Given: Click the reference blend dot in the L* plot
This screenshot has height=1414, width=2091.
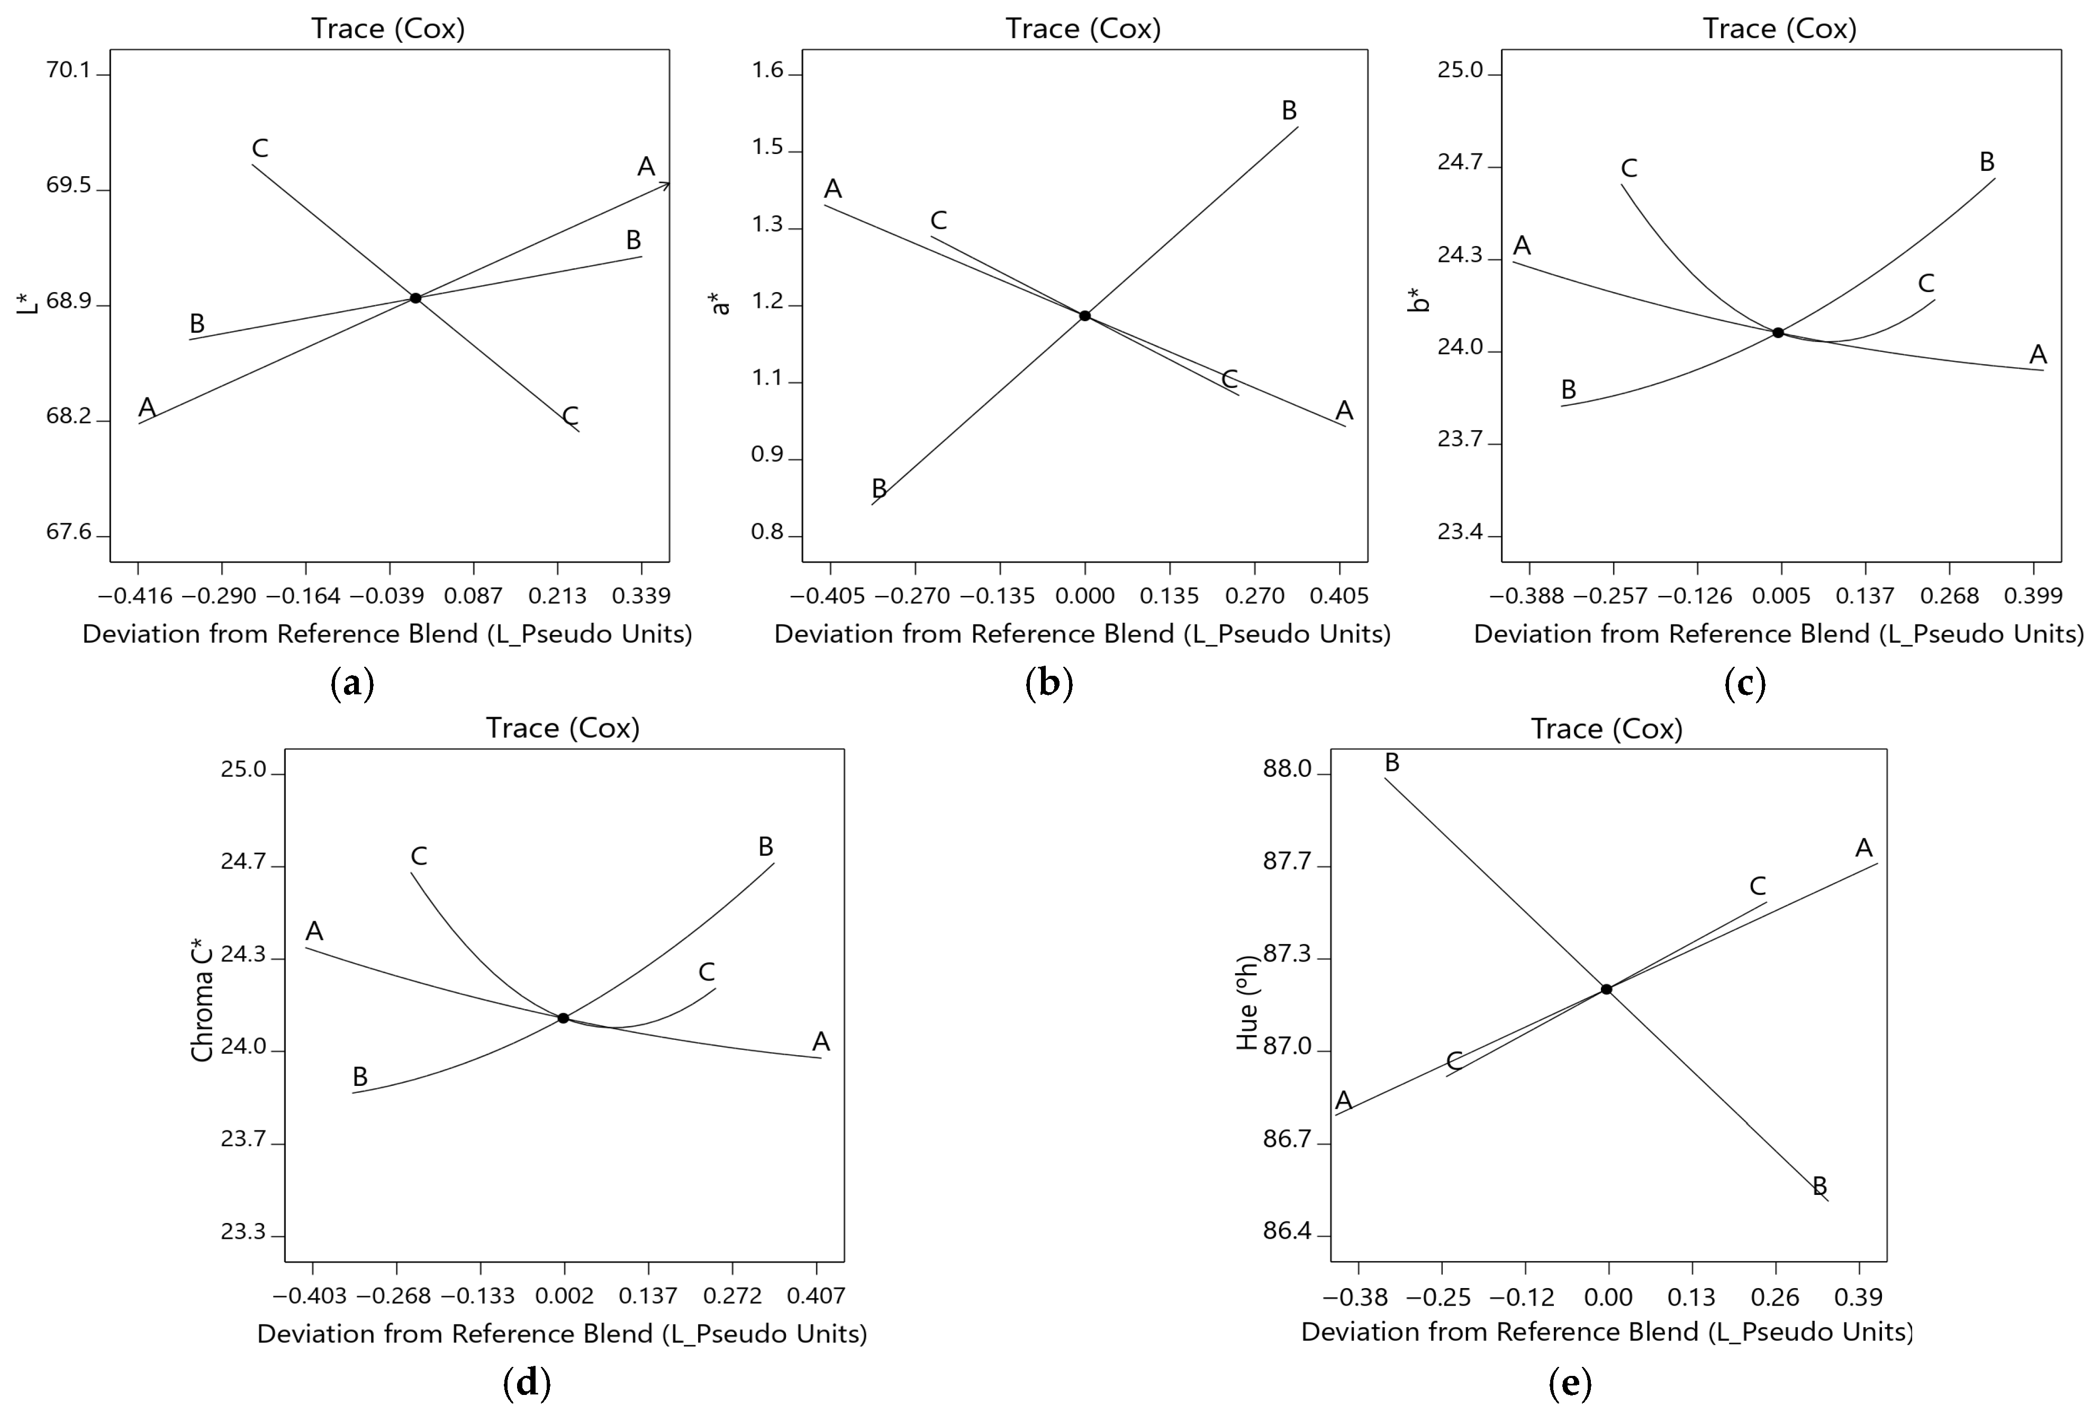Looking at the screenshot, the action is click(415, 298).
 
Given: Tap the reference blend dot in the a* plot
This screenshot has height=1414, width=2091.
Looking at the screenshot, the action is click(1085, 316).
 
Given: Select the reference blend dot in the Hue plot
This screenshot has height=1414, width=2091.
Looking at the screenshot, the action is click(1606, 990).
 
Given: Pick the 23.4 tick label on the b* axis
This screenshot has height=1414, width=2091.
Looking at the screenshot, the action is click(1459, 532).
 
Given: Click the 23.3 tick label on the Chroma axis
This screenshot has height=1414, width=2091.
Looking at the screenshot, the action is click(244, 1231).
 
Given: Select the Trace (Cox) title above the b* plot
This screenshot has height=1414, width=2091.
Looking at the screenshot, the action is click(1780, 28).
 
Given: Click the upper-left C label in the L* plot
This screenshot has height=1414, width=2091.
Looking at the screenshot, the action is click(260, 148).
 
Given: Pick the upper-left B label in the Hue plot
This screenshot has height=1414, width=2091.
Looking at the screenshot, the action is click(1392, 763).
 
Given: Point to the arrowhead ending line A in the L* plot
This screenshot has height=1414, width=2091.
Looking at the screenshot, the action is click(665, 184).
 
